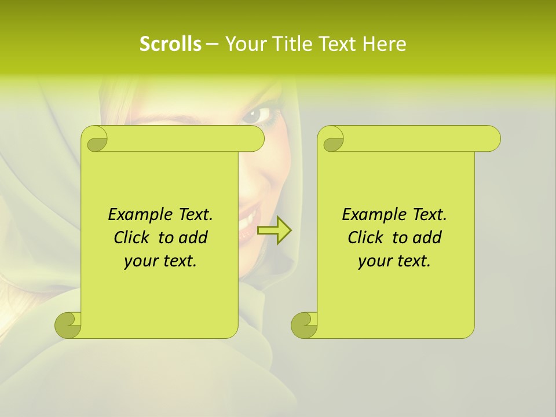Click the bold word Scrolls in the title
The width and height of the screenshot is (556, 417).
pos(171,43)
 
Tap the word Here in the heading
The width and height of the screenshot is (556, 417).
pos(384,43)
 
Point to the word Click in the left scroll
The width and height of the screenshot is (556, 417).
pos(133,237)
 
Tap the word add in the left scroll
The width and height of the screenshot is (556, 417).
pos(193,237)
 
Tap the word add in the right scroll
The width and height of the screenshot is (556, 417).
pos(427,237)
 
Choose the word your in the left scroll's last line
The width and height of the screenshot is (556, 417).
pos(141,261)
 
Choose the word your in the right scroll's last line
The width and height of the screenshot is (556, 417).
pos(375,261)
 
